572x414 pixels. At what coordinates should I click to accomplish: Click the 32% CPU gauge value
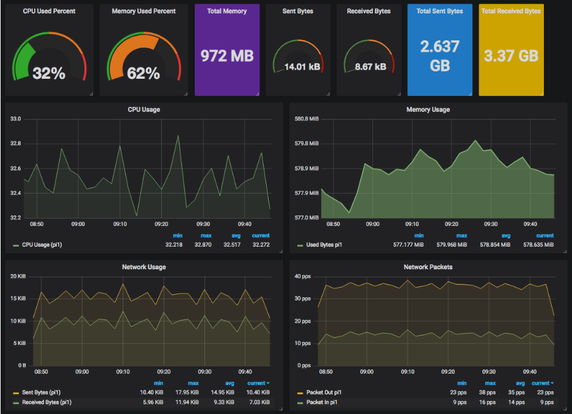point(49,73)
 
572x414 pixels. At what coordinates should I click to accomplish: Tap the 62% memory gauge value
point(143,73)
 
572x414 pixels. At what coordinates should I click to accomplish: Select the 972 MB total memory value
point(227,56)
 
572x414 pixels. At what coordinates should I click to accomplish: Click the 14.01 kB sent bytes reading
point(299,67)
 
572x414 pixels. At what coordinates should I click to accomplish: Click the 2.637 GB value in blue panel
point(440,56)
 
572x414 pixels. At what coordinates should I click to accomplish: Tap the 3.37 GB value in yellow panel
point(511,56)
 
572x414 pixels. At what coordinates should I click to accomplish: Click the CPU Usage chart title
point(144,109)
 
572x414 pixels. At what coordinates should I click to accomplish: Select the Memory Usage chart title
point(428,109)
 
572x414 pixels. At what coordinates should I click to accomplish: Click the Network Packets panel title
point(428,267)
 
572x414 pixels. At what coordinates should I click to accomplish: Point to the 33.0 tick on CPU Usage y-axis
point(15,119)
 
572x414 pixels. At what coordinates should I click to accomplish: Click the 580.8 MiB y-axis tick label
point(306,119)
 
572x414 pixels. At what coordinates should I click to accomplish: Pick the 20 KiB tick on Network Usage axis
point(18,277)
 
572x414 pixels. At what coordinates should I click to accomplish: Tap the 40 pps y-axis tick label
point(303,277)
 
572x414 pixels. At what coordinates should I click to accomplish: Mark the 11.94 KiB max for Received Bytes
point(189,402)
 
